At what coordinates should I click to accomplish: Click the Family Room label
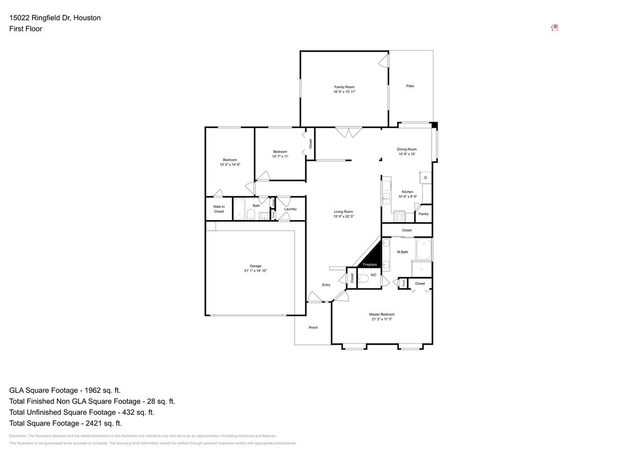point(344,87)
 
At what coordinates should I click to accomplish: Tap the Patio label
point(410,86)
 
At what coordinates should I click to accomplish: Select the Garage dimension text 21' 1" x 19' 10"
point(255,271)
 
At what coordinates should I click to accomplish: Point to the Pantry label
point(424,214)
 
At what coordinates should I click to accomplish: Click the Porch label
point(313,328)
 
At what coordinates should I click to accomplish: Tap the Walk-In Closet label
point(219,209)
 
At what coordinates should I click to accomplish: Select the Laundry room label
point(290,209)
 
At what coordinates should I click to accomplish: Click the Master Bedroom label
point(382,315)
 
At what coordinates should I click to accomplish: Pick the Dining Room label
point(407,150)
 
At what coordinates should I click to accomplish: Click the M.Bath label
point(403,252)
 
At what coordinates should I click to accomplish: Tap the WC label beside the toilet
point(373,275)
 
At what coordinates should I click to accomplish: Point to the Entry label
point(326,285)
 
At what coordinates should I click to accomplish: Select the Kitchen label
point(408,192)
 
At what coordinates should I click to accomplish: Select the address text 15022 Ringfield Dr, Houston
point(55,18)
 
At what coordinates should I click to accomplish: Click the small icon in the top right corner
point(555,28)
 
